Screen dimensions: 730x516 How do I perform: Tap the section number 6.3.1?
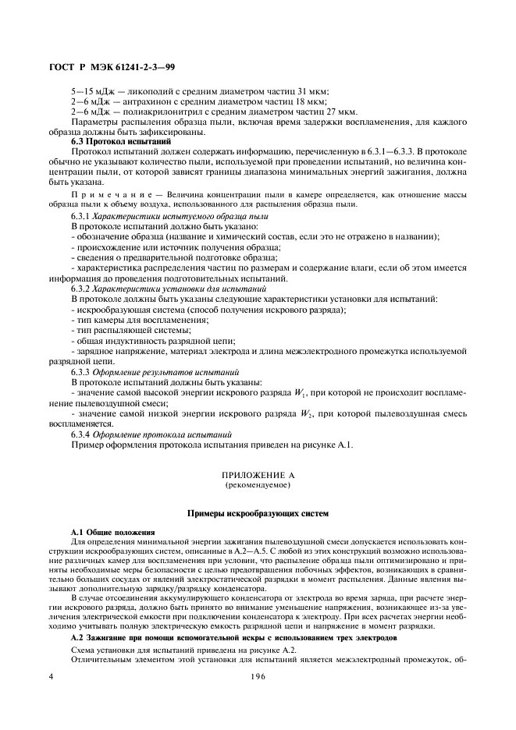[x=80, y=215]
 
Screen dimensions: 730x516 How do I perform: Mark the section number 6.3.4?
[x=80, y=433]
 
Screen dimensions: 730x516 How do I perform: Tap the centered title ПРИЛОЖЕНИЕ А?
[x=258, y=475]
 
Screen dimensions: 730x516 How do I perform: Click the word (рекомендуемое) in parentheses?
[x=258, y=484]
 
